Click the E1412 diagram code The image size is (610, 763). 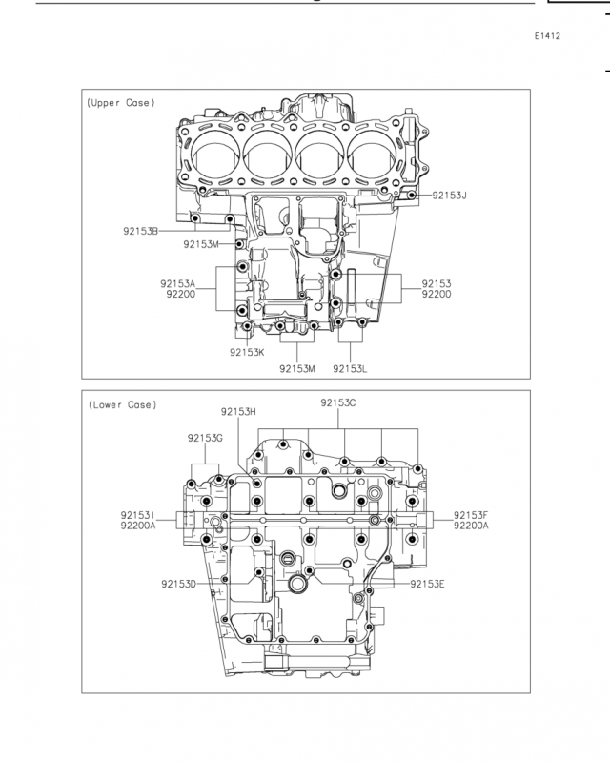click(547, 36)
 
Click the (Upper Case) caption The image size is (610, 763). click(121, 103)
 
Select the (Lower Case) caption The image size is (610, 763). click(123, 404)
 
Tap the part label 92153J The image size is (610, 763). click(450, 196)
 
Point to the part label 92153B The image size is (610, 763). click(140, 231)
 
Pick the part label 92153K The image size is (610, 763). click(247, 352)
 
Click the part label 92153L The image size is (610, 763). click(350, 368)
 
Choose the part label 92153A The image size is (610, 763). click(178, 283)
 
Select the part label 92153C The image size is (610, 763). click(338, 402)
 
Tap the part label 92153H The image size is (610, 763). click(238, 412)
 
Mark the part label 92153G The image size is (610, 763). click(205, 438)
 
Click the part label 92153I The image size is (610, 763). click(137, 515)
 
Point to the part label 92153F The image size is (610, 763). click(471, 515)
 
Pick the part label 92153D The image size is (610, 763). click(179, 584)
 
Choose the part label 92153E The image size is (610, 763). click(427, 584)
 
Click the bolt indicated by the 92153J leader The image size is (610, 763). click(412, 196)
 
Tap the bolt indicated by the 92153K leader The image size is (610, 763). click(247, 326)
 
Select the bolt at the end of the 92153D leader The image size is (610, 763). click(259, 572)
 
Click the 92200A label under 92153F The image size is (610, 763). click(471, 526)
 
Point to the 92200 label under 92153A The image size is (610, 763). click(181, 294)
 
